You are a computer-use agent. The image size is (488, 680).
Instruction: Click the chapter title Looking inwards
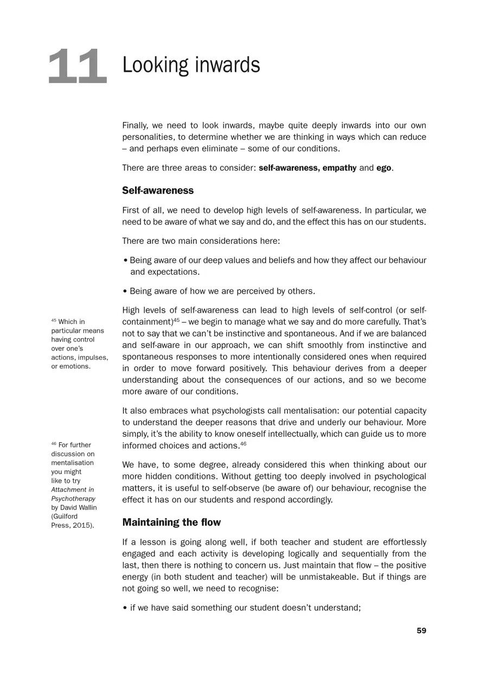point(191,66)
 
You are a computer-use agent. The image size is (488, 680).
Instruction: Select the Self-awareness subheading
point(158,191)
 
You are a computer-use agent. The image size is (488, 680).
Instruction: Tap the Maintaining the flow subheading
point(171,522)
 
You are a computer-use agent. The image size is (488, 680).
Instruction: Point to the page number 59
point(421,630)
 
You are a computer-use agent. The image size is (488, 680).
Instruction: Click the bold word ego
point(383,168)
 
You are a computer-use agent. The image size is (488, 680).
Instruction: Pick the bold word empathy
point(339,168)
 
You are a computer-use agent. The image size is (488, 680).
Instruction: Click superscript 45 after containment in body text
point(176,320)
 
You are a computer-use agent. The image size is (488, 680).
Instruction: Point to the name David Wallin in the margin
point(78,508)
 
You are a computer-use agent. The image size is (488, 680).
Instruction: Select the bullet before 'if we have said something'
point(125,608)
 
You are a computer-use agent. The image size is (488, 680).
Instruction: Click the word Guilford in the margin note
point(64,516)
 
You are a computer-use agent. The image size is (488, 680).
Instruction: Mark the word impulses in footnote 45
point(94,357)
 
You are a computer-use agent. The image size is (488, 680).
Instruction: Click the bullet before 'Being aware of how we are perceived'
point(125,292)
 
